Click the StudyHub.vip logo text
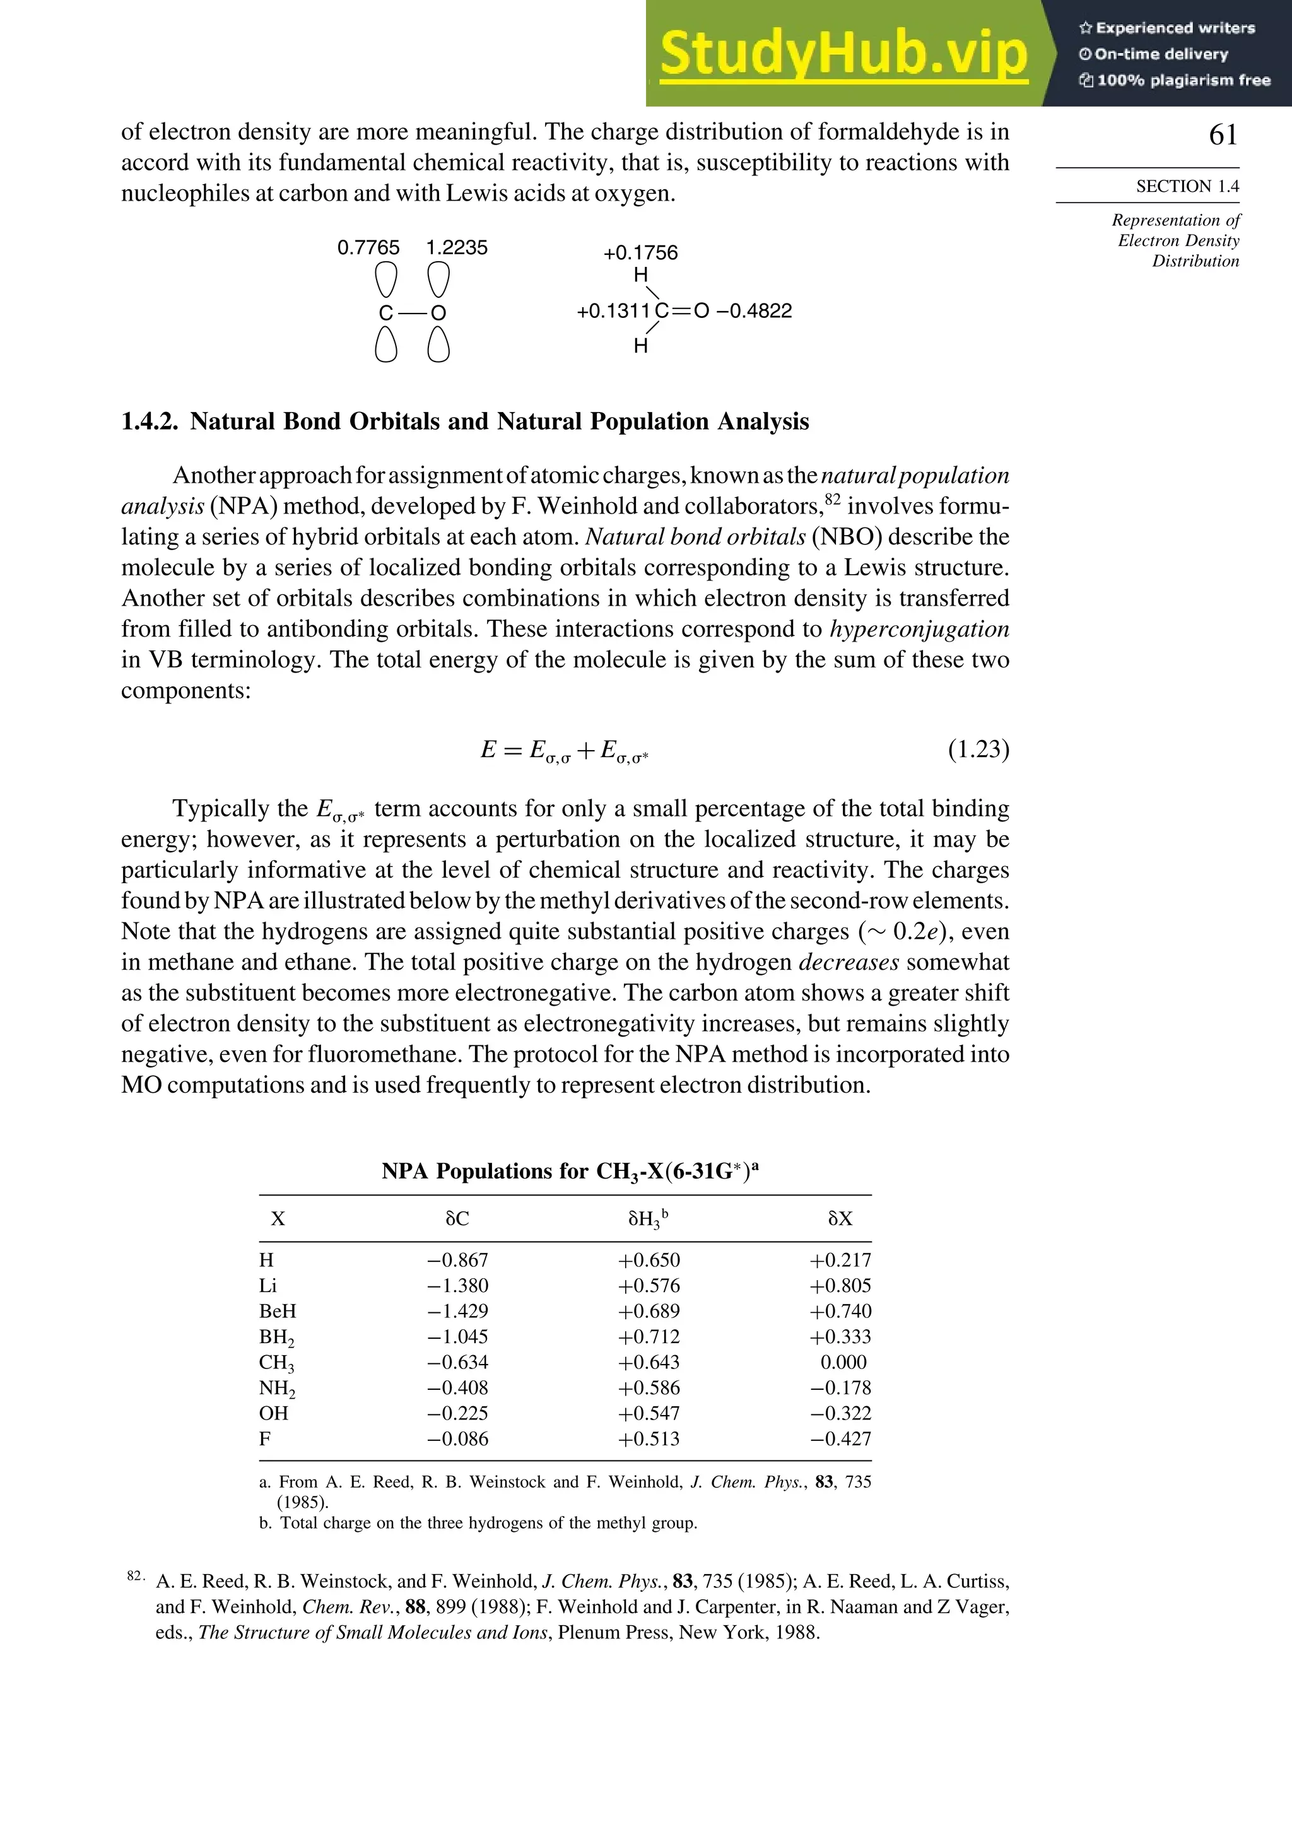tap(843, 53)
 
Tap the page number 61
tap(1223, 134)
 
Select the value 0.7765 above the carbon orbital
tap(368, 248)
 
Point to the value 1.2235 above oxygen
tap(456, 248)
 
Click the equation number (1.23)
tap(978, 750)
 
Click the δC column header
tap(457, 1219)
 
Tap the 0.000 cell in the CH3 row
tap(843, 1362)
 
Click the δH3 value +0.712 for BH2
tap(648, 1336)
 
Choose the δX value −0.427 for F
tap(840, 1438)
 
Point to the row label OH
tap(273, 1413)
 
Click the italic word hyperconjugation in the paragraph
tap(919, 629)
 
